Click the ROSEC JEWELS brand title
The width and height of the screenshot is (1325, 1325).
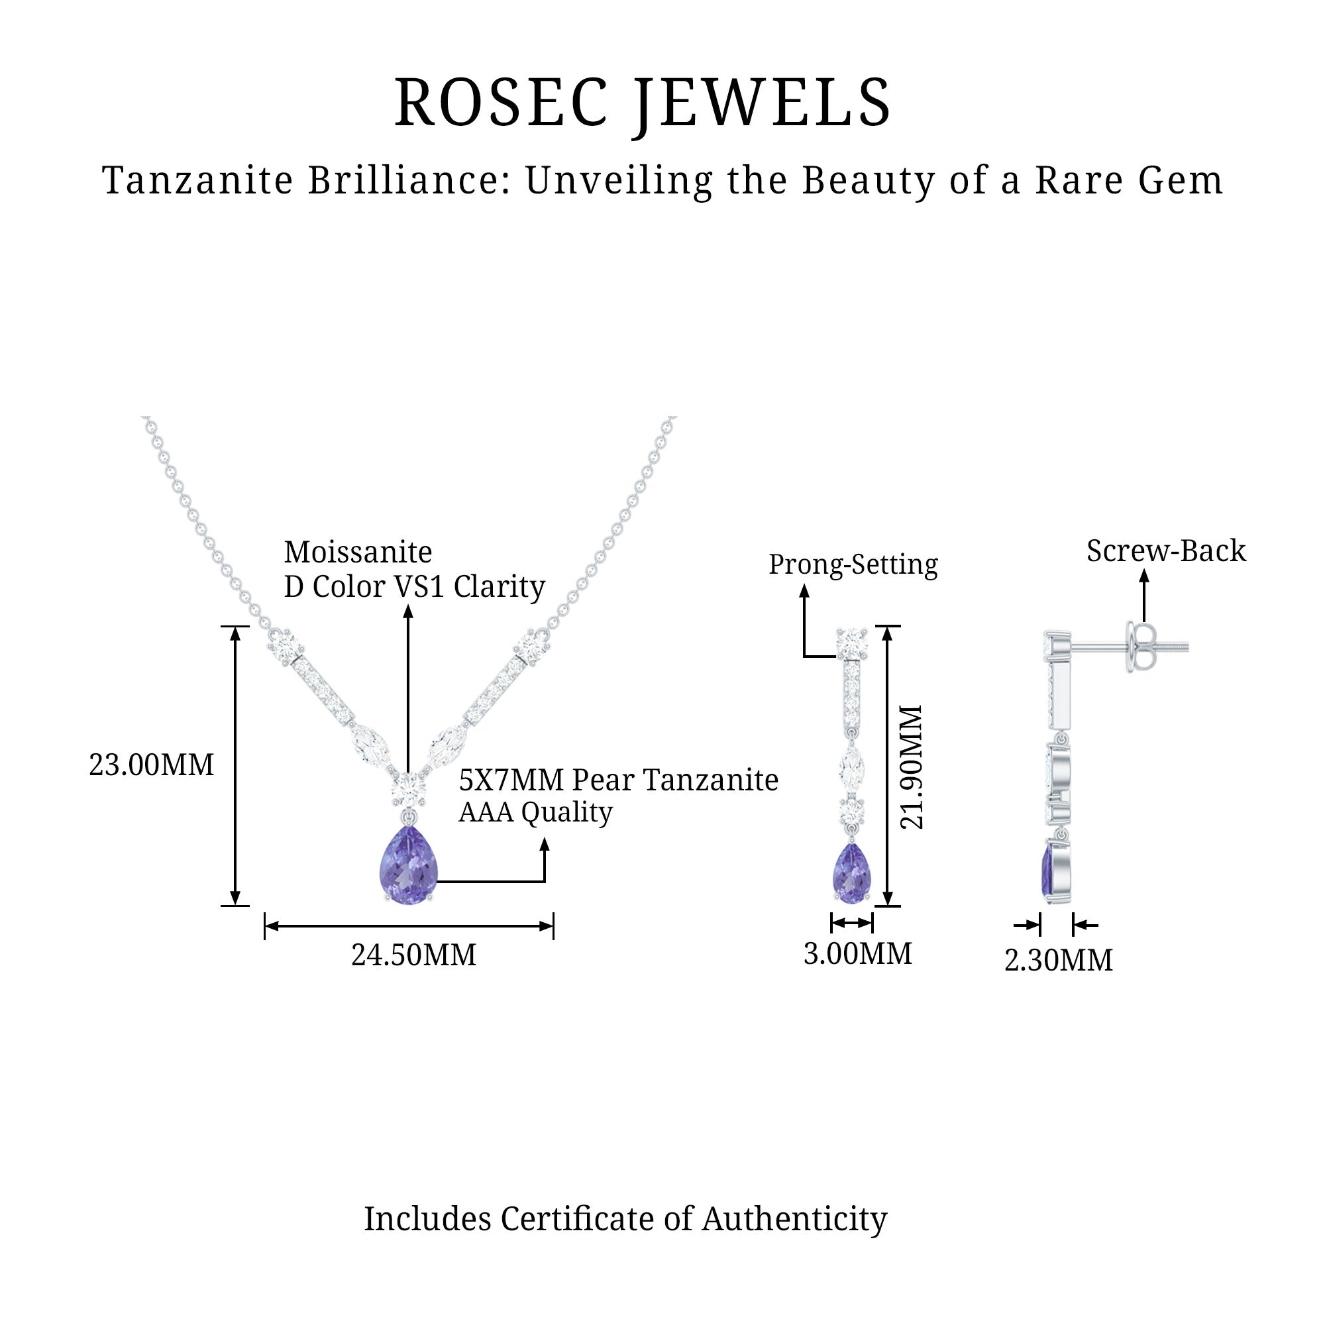(643, 103)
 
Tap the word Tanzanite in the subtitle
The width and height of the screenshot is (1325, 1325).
(197, 181)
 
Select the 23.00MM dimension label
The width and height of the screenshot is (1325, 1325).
(151, 765)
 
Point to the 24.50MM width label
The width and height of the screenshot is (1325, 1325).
(413, 955)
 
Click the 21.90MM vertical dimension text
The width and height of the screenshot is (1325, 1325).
(912, 767)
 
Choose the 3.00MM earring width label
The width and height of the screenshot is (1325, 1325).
(857, 954)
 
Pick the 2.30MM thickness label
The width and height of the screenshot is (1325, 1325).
(1058, 960)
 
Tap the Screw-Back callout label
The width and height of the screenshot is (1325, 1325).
(1166, 551)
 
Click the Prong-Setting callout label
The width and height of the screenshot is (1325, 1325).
(853, 564)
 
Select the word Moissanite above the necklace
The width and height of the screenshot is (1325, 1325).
(358, 552)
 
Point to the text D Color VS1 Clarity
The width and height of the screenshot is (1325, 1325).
(414, 586)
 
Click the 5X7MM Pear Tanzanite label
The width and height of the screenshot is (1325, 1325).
(618, 780)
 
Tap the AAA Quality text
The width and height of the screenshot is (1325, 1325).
(535, 813)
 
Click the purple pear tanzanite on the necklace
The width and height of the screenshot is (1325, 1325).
(409, 865)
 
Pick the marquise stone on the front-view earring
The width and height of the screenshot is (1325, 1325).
(851, 767)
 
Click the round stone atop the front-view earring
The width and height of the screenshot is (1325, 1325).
(852, 643)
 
